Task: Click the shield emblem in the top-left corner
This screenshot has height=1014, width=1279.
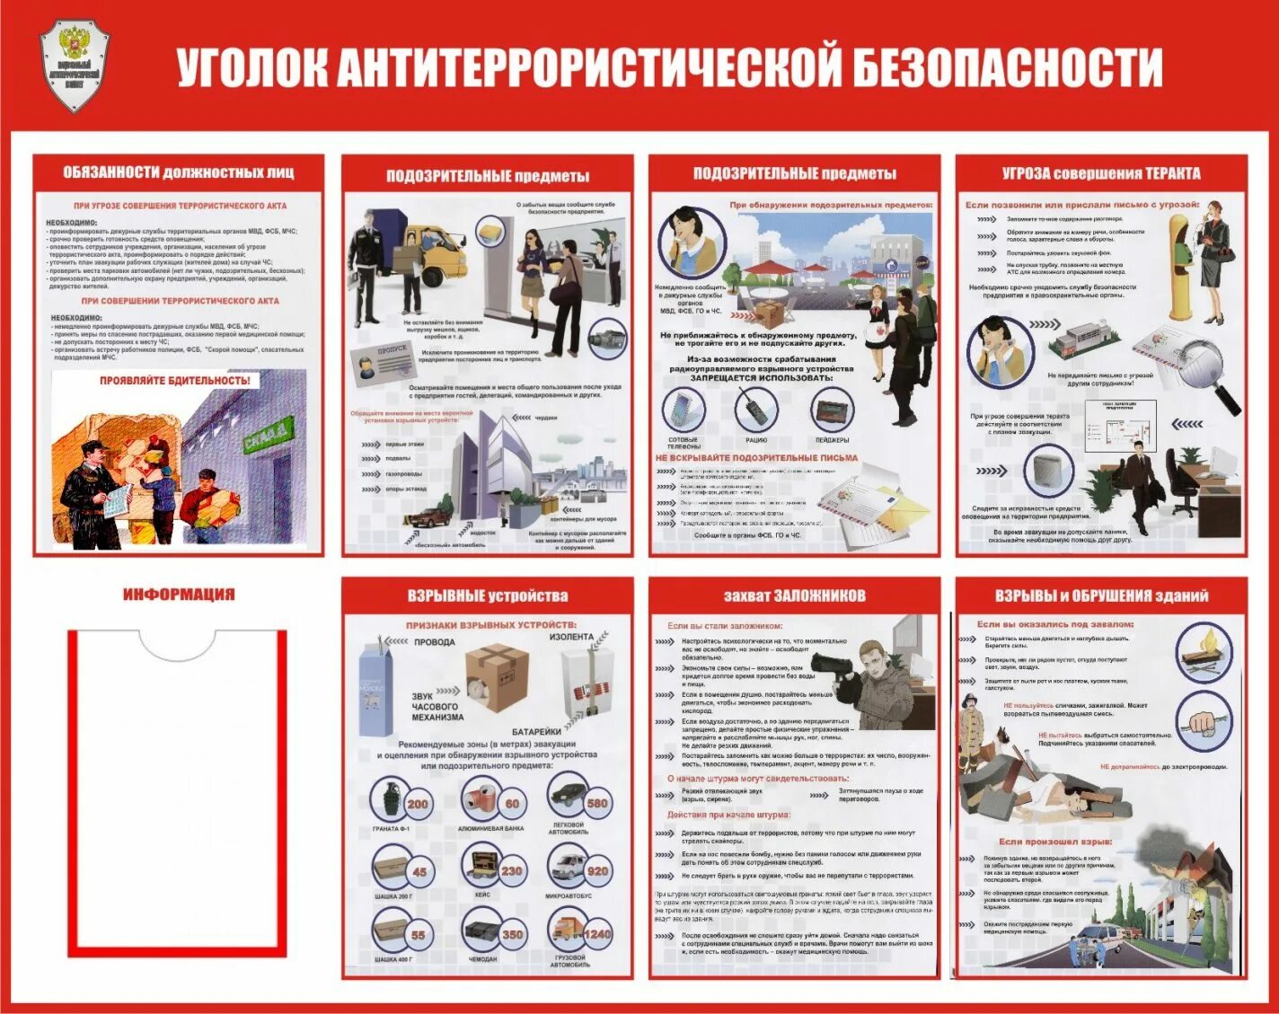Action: (75, 66)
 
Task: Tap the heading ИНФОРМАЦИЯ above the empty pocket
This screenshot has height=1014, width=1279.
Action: (179, 595)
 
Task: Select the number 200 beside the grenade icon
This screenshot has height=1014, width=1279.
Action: (418, 804)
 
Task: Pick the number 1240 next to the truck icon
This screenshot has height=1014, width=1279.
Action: (596, 934)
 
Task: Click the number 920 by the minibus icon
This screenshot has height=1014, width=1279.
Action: (597, 870)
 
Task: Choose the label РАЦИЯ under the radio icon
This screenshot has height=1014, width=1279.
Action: (756, 440)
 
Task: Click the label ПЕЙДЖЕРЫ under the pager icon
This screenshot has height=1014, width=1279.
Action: (832, 440)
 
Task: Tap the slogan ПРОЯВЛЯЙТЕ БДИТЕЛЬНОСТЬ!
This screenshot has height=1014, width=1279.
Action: (175, 381)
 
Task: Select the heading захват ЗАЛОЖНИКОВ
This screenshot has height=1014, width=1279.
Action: (794, 595)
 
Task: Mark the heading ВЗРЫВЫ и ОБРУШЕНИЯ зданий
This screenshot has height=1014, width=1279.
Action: (1101, 595)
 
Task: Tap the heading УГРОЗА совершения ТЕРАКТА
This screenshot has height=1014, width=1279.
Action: (1101, 173)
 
